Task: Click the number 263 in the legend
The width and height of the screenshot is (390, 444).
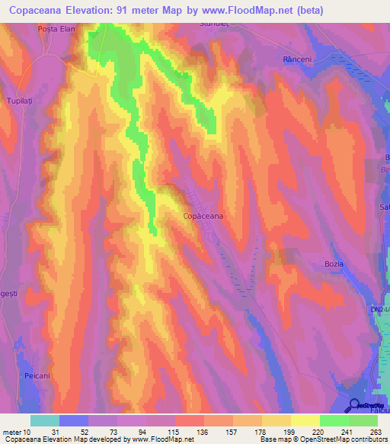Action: click(x=377, y=433)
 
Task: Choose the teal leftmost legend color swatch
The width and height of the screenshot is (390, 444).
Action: click(x=45, y=420)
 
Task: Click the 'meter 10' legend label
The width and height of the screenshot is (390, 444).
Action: click(x=16, y=433)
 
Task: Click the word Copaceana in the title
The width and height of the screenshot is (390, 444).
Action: click(x=42, y=11)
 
